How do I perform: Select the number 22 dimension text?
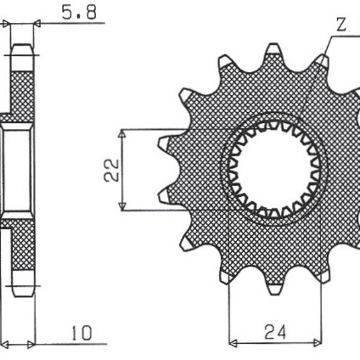click(x=110, y=170)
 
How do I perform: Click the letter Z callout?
click(x=341, y=26)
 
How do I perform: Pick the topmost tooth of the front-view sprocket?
click(x=274, y=50)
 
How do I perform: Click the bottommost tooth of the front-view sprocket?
click(x=274, y=288)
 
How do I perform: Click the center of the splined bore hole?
click(x=274, y=170)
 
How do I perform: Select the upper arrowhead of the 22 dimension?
click(x=122, y=133)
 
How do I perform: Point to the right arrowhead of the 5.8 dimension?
click(x=38, y=24)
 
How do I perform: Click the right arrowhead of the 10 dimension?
click(x=32, y=344)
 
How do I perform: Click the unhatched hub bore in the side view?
click(x=17, y=169)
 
